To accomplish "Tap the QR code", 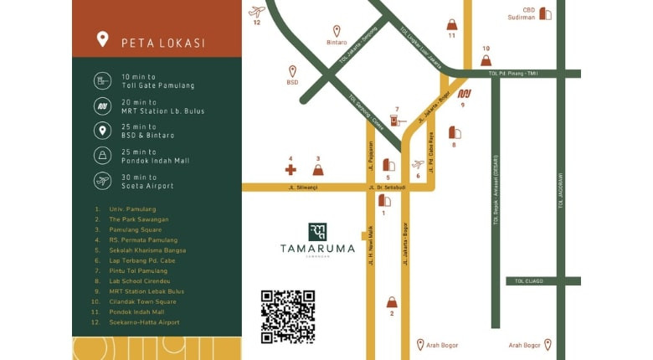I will coord(287,316).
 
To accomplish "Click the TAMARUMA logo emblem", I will coord(317,232).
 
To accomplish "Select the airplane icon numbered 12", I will coord(257,12).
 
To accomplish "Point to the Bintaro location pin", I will coord(337,30).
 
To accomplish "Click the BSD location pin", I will coord(292,71).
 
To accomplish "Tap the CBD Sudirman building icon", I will coord(545,13).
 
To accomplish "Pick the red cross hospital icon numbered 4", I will coord(291,169).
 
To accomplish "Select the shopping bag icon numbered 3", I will coord(317,169).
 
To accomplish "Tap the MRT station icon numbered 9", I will coord(465,94).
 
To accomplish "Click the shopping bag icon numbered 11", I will coord(452,24).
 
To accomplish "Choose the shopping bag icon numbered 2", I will coord(391,301).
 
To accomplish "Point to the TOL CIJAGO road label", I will coord(529,281).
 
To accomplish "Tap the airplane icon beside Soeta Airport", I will coord(102,181).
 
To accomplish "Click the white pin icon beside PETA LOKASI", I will coord(102,39).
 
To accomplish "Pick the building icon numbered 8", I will coord(455,132).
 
